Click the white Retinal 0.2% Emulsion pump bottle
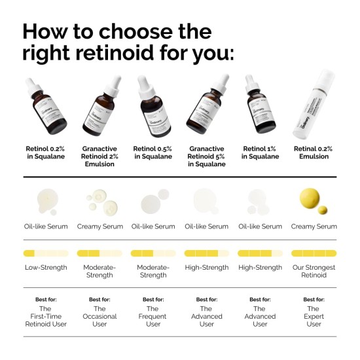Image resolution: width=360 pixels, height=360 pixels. coord(314,108)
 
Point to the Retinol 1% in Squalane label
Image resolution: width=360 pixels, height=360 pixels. coord(260,152)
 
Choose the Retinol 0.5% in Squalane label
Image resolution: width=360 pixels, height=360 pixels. coord(153,152)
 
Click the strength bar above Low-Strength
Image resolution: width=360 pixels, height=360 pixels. coord(46,253)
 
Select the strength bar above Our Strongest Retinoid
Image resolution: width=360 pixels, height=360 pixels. coord(314,253)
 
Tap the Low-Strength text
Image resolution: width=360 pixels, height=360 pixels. coord(46,267)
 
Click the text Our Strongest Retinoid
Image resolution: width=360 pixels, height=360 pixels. coord(314,271)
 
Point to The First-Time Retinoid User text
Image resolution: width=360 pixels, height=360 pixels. coord(46,316)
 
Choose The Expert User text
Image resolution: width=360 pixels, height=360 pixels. coord(314,316)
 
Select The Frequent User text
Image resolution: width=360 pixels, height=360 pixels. coord(153,316)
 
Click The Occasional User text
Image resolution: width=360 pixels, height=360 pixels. coord(99,316)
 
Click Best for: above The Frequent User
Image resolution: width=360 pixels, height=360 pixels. coord(153,299)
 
